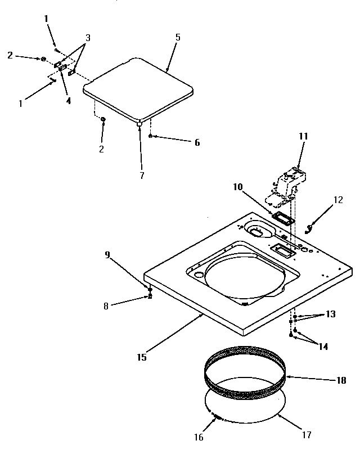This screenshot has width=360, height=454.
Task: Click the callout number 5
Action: click(177, 38)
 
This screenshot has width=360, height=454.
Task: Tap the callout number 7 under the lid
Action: click(142, 176)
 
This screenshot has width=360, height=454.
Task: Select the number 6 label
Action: click(196, 143)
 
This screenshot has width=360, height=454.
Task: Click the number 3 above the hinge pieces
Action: click(87, 38)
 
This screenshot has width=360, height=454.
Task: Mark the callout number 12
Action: click(338, 199)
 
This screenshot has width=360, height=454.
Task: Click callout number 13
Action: click(330, 314)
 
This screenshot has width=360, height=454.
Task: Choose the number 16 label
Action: click(198, 437)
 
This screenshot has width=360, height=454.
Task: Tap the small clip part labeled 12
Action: click(309, 227)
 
